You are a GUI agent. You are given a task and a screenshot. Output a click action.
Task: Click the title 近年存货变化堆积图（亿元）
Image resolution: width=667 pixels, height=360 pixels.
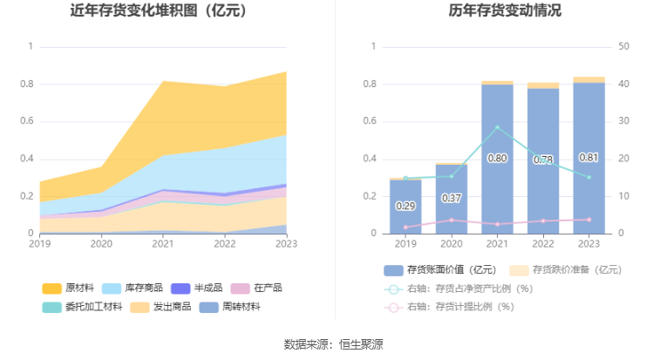pos(158,11)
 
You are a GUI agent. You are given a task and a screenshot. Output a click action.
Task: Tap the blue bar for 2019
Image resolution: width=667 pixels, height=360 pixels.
pos(405,207)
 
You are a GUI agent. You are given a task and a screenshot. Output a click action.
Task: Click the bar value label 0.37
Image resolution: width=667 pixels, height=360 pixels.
pos(451,198)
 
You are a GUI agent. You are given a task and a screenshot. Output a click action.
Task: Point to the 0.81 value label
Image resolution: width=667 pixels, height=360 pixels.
pos(589,158)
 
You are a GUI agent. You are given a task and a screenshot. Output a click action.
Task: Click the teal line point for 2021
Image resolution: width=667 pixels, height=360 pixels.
pos(497,127)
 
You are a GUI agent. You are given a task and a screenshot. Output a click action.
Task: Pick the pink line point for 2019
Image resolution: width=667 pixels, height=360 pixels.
pos(405,228)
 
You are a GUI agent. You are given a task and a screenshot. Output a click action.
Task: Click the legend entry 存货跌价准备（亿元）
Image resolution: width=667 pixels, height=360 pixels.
pos(565,269)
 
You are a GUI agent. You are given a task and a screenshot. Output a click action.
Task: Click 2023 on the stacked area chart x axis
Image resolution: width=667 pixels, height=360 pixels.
pos(286,245)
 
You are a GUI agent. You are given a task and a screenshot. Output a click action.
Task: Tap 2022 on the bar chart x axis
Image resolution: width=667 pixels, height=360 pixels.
pos(542,245)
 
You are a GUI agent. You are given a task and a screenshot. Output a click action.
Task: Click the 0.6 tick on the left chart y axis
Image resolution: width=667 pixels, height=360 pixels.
pos(32,121)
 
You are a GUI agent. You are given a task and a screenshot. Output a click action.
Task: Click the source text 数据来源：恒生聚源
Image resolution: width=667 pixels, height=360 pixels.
pos(333,343)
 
